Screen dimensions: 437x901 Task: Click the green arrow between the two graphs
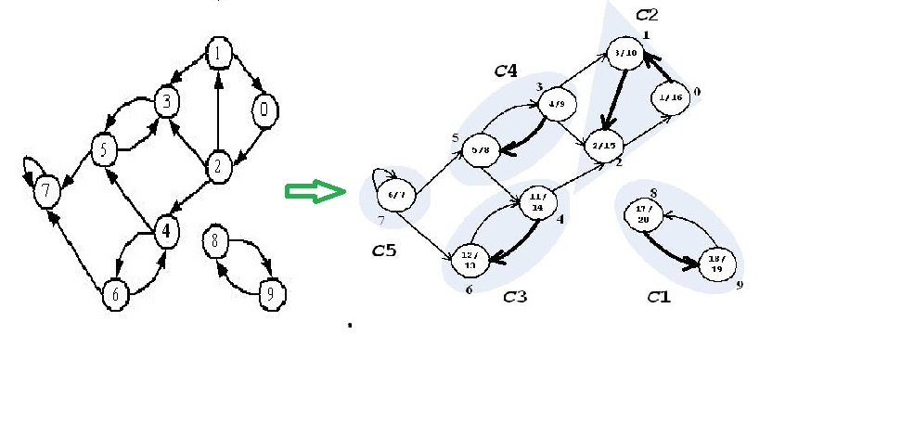tap(313, 192)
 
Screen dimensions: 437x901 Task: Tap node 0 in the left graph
tap(264, 110)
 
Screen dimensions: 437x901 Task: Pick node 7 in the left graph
tap(46, 192)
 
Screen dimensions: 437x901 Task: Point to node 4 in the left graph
tap(165, 232)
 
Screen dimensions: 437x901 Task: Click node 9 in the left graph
tap(270, 295)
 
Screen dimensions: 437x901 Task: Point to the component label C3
tap(516, 297)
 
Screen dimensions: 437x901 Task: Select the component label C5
tap(384, 250)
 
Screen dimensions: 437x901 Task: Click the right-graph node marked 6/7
tap(393, 195)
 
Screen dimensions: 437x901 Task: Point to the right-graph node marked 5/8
tap(481, 149)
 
